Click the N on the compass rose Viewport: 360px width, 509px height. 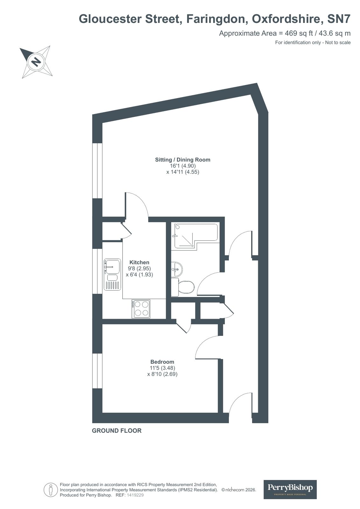coord(37,61)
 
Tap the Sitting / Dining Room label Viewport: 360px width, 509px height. coord(182,160)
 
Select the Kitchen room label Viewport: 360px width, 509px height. coord(139,262)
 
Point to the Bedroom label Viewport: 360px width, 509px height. coord(162,362)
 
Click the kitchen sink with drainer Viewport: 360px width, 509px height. coord(112,274)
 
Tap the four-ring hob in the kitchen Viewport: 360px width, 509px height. coord(141,308)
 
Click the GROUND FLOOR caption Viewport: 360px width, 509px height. coord(116,431)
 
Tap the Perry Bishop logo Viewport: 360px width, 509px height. coord(290,489)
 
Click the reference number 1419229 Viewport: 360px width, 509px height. coord(135,495)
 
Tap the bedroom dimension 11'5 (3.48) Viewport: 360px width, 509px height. coord(162,368)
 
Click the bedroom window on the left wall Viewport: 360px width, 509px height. coord(97,371)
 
